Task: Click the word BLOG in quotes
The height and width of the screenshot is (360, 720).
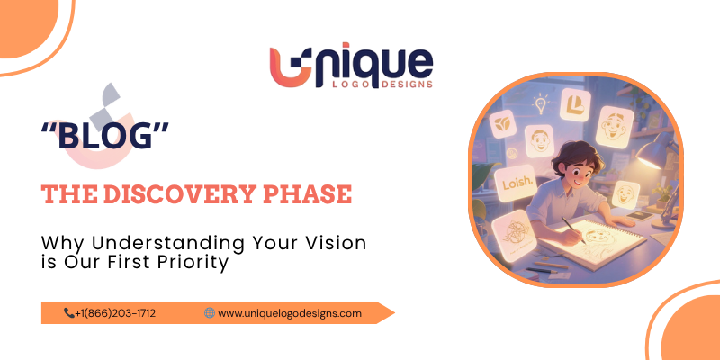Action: (105, 138)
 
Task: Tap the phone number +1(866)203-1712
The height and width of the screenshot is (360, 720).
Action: (116, 313)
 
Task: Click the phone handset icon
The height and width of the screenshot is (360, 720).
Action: (69, 313)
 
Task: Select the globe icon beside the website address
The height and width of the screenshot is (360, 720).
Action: (210, 313)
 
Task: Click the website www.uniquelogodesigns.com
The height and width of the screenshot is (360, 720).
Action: (290, 313)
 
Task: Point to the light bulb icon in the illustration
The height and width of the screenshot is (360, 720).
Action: (541, 105)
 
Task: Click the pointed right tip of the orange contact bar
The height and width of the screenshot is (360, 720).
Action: (392, 313)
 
